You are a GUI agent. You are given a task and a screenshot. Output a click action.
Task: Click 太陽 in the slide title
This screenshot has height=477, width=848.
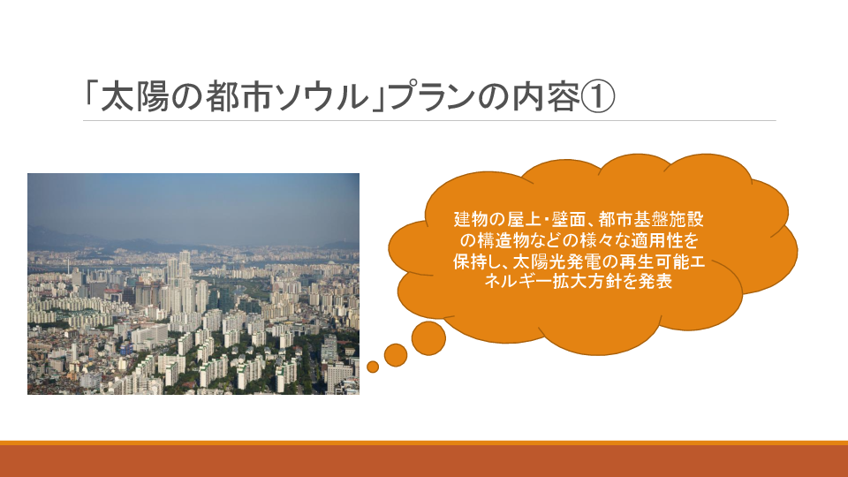[134, 97]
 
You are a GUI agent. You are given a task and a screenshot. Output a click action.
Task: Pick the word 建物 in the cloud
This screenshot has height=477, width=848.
[472, 220]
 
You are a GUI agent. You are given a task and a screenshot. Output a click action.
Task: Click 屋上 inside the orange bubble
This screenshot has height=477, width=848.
[524, 220]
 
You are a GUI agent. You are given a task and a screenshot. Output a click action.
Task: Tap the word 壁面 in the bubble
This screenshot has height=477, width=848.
[569, 220]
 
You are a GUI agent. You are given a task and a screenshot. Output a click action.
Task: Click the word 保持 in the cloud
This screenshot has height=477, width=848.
[471, 261]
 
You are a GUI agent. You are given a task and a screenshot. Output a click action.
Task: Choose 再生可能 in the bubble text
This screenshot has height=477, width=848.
[654, 261]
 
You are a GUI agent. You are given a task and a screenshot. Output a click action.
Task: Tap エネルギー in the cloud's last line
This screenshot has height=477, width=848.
[519, 282]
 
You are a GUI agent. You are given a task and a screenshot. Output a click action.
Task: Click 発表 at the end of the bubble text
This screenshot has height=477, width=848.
[655, 282]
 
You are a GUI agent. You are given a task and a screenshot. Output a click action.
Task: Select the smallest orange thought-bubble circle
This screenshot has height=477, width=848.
[373, 367]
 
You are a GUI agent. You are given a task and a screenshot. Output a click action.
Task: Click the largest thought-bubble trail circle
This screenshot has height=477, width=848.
[428, 338]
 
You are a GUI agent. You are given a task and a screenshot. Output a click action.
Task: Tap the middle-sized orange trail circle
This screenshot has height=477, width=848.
[396, 355]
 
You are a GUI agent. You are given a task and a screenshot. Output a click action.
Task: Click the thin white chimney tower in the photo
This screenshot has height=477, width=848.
[69, 265]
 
